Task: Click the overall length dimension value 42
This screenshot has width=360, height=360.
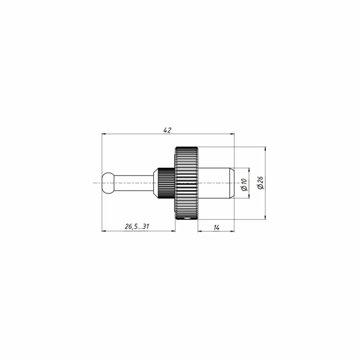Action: (x=167, y=130)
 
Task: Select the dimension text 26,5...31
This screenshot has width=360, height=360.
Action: (x=137, y=226)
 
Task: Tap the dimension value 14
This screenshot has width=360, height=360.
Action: (x=216, y=227)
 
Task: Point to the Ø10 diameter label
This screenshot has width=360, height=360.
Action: (x=244, y=184)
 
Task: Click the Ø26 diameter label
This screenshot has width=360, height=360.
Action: (x=260, y=183)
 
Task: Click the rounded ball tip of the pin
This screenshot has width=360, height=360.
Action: (x=108, y=183)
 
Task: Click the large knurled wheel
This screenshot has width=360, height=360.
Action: (x=187, y=183)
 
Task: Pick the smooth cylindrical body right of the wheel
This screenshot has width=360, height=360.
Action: (x=214, y=183)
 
